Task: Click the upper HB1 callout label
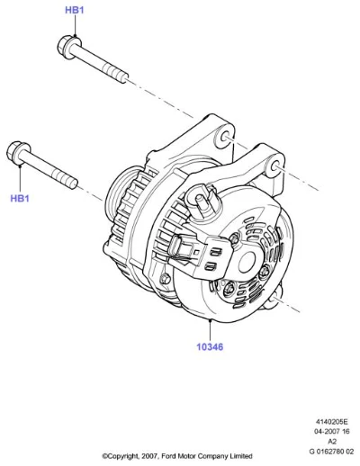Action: click(x=75, y=10)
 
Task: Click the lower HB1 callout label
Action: click(x=20, y=198)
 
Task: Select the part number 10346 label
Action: click(x=210, y=347)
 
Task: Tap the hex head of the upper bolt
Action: click(x=66, y=47)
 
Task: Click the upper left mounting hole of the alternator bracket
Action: click(x=226, y=138)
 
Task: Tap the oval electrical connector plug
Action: click(x=174, y=246)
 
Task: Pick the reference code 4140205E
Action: click(x=331, y=422)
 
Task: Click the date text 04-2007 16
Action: click(x=331, y=432)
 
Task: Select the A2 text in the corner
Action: click(x=332, y=442)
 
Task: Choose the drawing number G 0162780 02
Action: click(x=331, y=452)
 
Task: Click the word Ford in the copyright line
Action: click(x=168, y=456)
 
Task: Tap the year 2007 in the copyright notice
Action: click(x=148, y=456)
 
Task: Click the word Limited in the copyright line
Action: click(x=241, y=456)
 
